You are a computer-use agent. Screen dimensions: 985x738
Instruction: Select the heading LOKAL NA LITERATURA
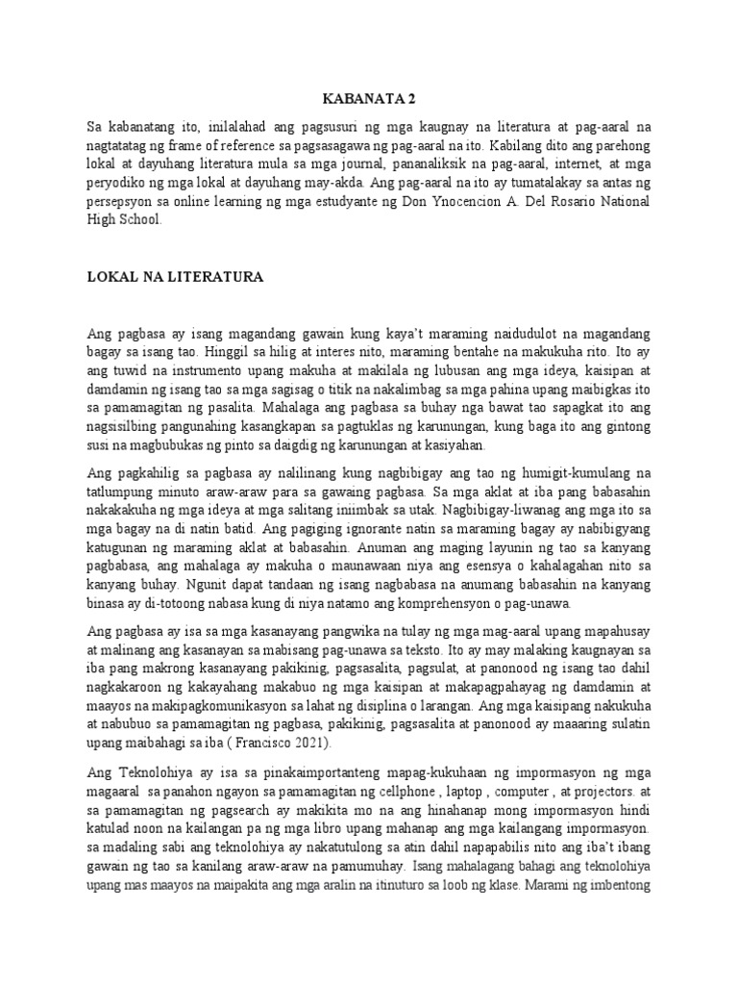[175, 276]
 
